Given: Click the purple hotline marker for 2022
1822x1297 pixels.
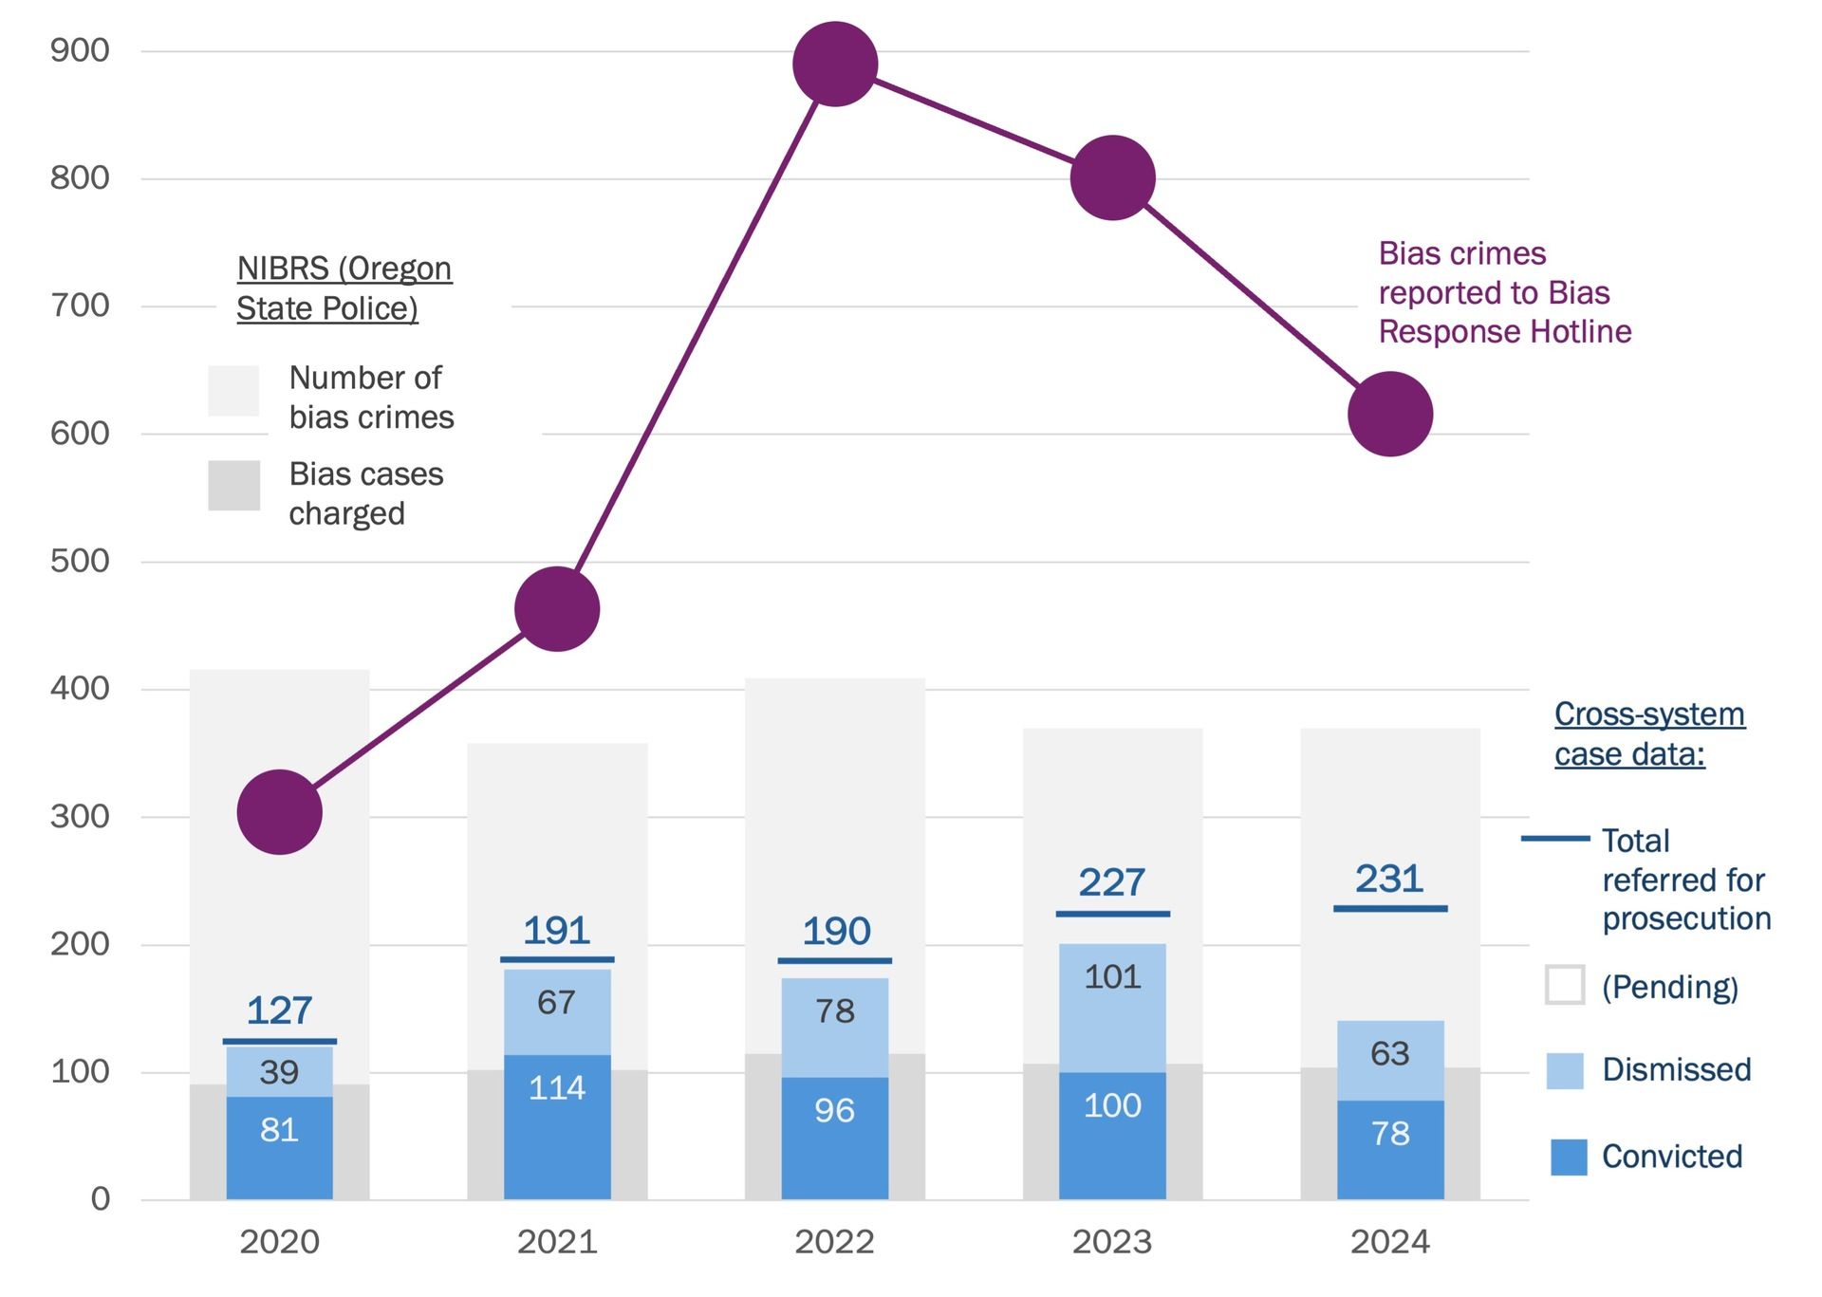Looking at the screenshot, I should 834,64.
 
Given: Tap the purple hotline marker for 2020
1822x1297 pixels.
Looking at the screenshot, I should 279,812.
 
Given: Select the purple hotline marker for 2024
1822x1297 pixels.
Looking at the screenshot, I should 1389,414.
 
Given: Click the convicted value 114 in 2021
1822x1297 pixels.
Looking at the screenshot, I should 556,1087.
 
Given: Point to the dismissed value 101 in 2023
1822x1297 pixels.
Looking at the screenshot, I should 1112,976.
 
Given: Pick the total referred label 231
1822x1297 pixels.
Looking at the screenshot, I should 1389,879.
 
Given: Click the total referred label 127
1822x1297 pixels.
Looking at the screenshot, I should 279,1010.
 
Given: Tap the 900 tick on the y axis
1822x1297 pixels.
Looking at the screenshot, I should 80,50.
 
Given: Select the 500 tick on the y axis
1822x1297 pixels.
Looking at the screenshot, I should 80,561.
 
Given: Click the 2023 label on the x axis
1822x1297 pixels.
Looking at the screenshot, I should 1112,1242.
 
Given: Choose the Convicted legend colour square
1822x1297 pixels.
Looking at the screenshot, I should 1569,1157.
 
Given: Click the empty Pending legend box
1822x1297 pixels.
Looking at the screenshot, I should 1565,985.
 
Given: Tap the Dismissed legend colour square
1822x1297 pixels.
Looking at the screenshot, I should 1565,1070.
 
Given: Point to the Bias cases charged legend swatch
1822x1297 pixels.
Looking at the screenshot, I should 233,486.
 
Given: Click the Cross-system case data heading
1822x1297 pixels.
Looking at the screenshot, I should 1648,733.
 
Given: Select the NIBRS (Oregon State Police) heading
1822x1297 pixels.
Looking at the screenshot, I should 344,288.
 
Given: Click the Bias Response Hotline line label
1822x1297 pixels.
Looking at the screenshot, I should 1504,292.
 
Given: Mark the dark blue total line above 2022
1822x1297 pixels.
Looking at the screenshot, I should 834,961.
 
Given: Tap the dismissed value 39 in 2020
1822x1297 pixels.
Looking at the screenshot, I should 279,1072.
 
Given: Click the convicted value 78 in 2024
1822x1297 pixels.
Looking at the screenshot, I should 1389,1133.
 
